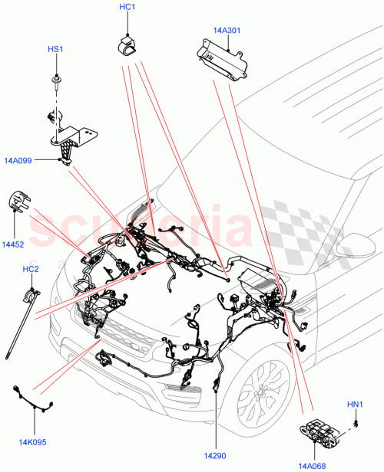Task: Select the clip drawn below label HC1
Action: click(127, 44)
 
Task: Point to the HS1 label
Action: click(55, 49)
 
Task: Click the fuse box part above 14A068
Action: click(322, 434)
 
